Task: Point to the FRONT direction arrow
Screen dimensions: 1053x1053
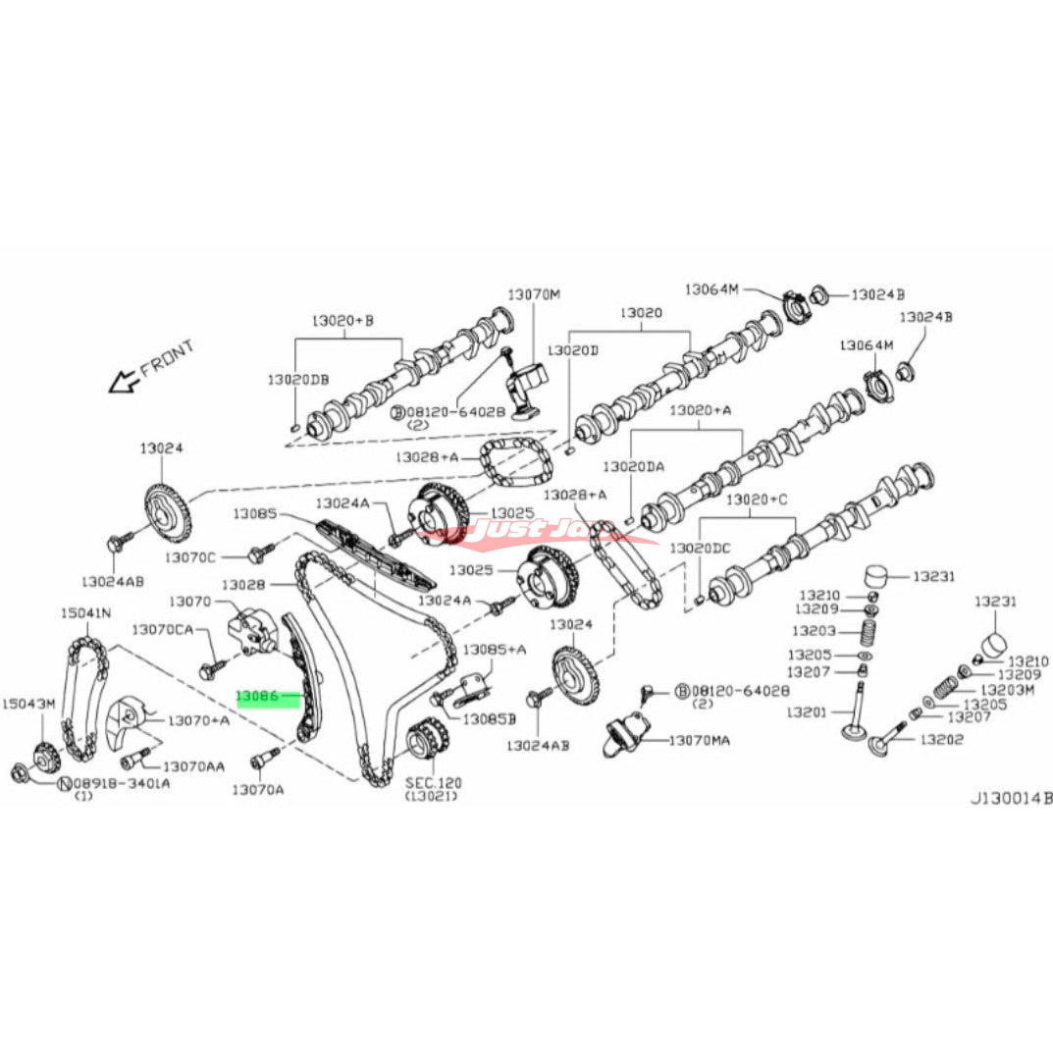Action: click(125, 380)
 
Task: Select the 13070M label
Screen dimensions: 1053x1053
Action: click(533, 294)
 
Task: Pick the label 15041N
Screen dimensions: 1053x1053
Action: click(85, 613)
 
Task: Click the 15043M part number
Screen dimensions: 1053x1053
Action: click(28, 704)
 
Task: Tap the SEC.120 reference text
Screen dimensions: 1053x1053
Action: click(433, 783)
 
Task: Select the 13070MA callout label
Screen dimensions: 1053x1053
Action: click(699, 739)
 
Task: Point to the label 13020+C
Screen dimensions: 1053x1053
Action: click(756, 500)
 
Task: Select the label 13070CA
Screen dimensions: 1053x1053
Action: click(164, 629)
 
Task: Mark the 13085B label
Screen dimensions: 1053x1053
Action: click(490, 719)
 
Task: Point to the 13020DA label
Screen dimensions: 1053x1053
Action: click(634, 467)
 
